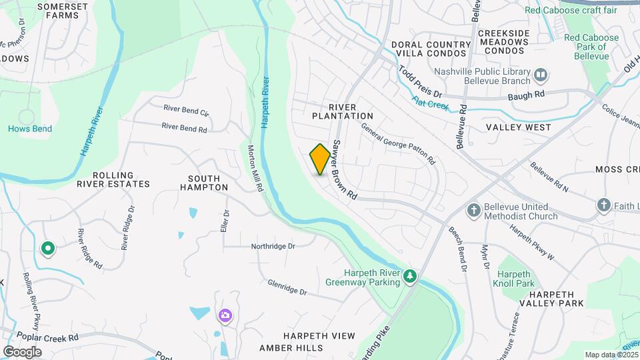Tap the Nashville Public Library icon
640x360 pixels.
541,74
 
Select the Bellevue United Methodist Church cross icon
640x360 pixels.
474,211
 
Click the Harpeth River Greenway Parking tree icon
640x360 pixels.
411,275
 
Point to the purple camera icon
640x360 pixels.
225,315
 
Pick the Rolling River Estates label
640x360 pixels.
113,179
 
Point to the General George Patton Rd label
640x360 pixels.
398,143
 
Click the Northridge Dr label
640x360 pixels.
273,247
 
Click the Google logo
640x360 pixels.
22,351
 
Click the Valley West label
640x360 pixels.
518,127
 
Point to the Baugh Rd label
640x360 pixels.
526,95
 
